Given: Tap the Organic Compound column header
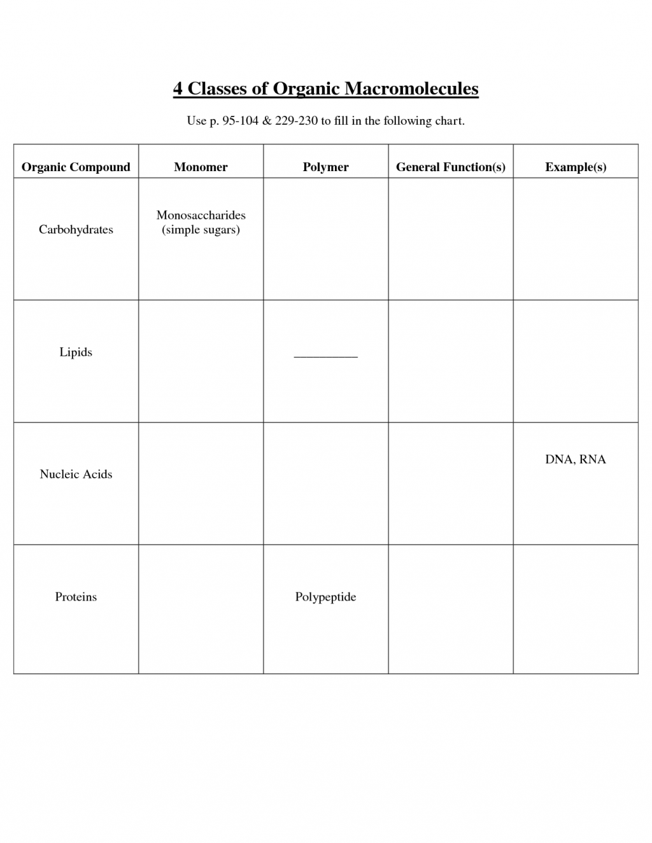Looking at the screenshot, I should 76,167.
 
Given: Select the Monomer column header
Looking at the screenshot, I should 201,167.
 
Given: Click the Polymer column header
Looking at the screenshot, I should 325,167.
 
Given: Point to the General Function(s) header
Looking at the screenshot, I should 450,167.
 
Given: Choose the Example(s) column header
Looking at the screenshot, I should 576,167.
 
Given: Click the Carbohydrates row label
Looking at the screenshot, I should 76,230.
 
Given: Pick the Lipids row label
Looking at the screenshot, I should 76,352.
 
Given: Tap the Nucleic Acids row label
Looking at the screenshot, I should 76,475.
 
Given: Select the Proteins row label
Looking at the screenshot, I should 76,597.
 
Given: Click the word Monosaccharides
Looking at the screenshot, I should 201,216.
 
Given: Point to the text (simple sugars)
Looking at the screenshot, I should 201,230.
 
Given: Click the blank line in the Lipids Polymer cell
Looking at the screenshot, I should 325,356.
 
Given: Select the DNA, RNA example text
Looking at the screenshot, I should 576,459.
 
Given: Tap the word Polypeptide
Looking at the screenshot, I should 325,597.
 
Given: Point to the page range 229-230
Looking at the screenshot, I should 296,121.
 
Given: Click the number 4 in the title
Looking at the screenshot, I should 178,88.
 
